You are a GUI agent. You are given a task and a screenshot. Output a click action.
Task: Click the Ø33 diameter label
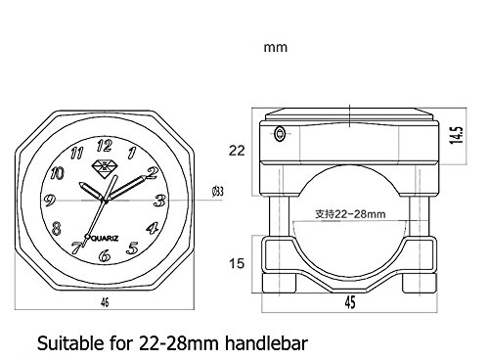[x=217, y=192]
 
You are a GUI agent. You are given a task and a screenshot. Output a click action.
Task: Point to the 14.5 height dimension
[x=455, y=130]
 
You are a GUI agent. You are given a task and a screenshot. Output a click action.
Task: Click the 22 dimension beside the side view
[x=236, y=151]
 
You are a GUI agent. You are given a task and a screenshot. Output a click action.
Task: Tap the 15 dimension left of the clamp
[x=236, y=262]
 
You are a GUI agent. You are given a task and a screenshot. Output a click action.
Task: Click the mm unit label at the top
[x=276, y=46]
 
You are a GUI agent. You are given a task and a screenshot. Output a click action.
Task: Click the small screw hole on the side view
[x=280, y=133]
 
